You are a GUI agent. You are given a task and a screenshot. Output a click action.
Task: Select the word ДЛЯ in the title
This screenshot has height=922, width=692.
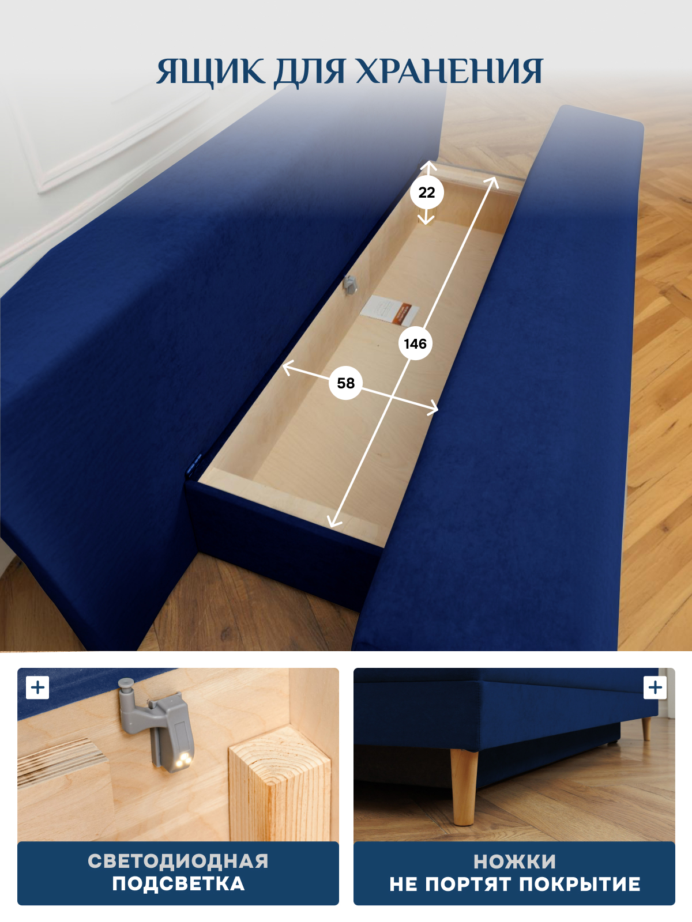point(309,72)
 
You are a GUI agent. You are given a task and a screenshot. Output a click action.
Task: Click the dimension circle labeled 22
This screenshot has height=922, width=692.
point(427,192)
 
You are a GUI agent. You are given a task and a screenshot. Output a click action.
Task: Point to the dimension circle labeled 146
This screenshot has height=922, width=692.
point(415,343)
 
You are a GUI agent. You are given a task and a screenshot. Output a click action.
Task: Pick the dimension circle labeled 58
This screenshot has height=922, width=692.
point(345,383)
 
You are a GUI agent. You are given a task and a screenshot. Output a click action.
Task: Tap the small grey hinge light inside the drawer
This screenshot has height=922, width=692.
point(349,284)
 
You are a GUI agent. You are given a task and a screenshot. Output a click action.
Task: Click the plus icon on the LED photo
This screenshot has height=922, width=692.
point(37,687)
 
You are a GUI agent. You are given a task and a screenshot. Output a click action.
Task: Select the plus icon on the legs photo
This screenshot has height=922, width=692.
point(655,687)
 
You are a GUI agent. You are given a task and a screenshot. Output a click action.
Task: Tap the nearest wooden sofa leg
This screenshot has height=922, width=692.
point(464,785)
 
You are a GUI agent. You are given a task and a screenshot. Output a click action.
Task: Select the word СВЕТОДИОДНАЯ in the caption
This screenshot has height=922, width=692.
point(178,861)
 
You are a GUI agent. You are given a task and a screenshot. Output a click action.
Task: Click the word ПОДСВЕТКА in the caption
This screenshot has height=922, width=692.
point(178,884)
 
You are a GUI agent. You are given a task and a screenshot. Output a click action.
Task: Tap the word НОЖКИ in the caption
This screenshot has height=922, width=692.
point(514,862)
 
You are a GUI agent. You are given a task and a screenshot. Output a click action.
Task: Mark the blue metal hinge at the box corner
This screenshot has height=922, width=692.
point(194,465)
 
